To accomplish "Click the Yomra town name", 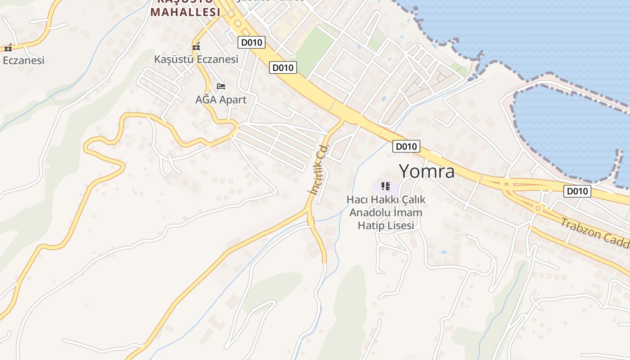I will [426, 171].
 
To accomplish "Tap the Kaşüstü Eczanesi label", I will [196, 59].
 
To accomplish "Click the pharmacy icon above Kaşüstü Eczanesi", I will [196, 46].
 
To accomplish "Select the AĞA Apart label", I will [220, 99].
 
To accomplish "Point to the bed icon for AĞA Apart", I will [220, 86].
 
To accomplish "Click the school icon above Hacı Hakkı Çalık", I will [385, 186].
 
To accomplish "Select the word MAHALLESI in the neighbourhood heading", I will [185, 12].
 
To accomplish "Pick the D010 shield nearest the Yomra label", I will [406, 146].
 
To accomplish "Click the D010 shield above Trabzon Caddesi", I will [577, 191].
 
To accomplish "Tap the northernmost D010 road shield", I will [252, 42].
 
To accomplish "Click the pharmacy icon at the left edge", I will [8, 48].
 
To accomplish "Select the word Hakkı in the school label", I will [386, 199].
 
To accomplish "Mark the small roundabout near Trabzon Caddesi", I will [537, 208].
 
